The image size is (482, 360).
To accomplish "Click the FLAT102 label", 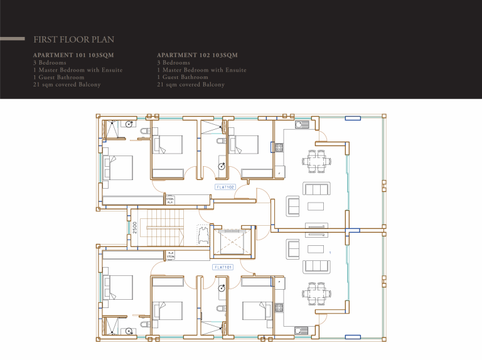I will (x=225, y=187).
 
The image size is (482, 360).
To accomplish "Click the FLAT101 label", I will (x=224, y=267).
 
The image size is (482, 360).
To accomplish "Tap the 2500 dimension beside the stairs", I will (x=134, y=227).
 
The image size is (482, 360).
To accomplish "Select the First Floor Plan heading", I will (x=73, y=40).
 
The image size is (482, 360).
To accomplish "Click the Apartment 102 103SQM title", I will (x=197, y=55).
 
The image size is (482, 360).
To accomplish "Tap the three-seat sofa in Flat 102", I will (x=316, y=189).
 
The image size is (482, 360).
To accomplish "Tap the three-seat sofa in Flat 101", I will (x=316, y=266).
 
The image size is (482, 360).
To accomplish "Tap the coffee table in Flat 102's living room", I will (x=316, y=207).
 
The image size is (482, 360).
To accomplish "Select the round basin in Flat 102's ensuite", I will (x=128, y=124).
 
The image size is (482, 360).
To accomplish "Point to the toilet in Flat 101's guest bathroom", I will (x=220, y=308).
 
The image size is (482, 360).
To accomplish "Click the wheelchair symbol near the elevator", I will (x=203, y=235).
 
